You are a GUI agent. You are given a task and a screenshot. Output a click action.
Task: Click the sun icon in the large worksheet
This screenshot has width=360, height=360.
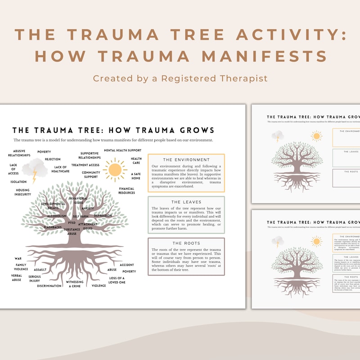[x=115, y=170]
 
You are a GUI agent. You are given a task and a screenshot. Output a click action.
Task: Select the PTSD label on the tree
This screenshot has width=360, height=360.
[x=72, y=223]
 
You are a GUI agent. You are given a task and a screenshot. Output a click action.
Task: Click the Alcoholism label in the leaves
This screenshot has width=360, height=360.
[x=57, y=216]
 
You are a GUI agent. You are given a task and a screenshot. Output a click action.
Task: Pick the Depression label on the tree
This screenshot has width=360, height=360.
[x=103, y=216]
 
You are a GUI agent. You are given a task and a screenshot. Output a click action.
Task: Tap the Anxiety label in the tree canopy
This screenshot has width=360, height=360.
[x=88, y=208]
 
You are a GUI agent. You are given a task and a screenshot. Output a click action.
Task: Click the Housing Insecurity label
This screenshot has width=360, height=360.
[x=23, y=192]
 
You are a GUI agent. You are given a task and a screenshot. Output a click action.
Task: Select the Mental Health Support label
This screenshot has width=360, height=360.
[x=123, y=150]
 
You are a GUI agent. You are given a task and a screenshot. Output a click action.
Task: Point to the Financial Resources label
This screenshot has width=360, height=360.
[x=127, y=191]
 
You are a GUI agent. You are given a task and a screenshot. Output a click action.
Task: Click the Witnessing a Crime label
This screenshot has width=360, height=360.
[x=75, y=284]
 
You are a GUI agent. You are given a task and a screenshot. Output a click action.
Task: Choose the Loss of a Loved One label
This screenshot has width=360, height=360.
[x=117, y=280]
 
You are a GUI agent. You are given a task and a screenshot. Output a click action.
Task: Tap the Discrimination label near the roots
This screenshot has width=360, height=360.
[x=49, y=286]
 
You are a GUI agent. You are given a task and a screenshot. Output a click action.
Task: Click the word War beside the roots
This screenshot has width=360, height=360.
[x=18, y=259]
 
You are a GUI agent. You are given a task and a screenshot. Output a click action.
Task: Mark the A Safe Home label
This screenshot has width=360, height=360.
[x=136, y=176]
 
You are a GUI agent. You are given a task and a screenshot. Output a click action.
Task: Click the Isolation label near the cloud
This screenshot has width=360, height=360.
[x=18, y=182]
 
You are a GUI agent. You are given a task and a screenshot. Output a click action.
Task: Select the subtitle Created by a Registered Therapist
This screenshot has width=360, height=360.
[x=180, y=78]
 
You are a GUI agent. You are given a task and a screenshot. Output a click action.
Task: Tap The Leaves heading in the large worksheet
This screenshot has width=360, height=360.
[x=186, y=202]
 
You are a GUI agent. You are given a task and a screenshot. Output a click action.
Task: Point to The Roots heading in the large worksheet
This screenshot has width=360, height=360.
[x=186, y=243]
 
